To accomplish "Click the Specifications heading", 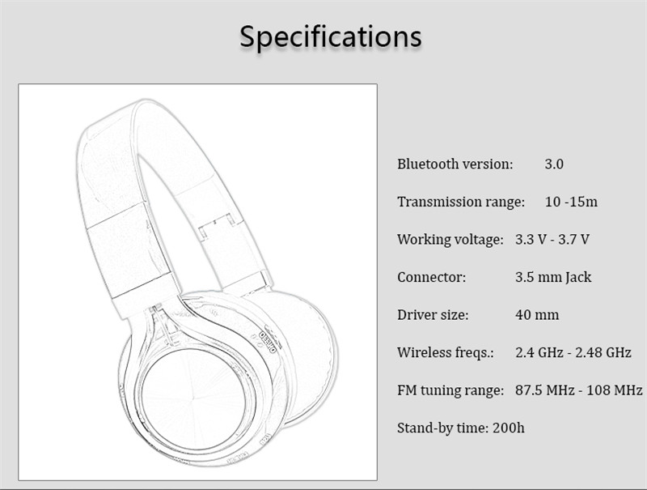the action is click(331, 37).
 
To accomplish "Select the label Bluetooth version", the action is click(455, 164).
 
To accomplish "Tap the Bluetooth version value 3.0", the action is click(554, 164).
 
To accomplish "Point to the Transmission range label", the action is click(461, 202).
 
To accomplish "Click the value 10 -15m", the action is click(571, 202).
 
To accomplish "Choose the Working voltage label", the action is click(450, 240).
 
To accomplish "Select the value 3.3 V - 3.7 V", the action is click(552, 239).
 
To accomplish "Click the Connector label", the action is click(432, 277).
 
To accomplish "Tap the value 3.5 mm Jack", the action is click(553, 277).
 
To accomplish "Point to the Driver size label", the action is click(433, 315).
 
